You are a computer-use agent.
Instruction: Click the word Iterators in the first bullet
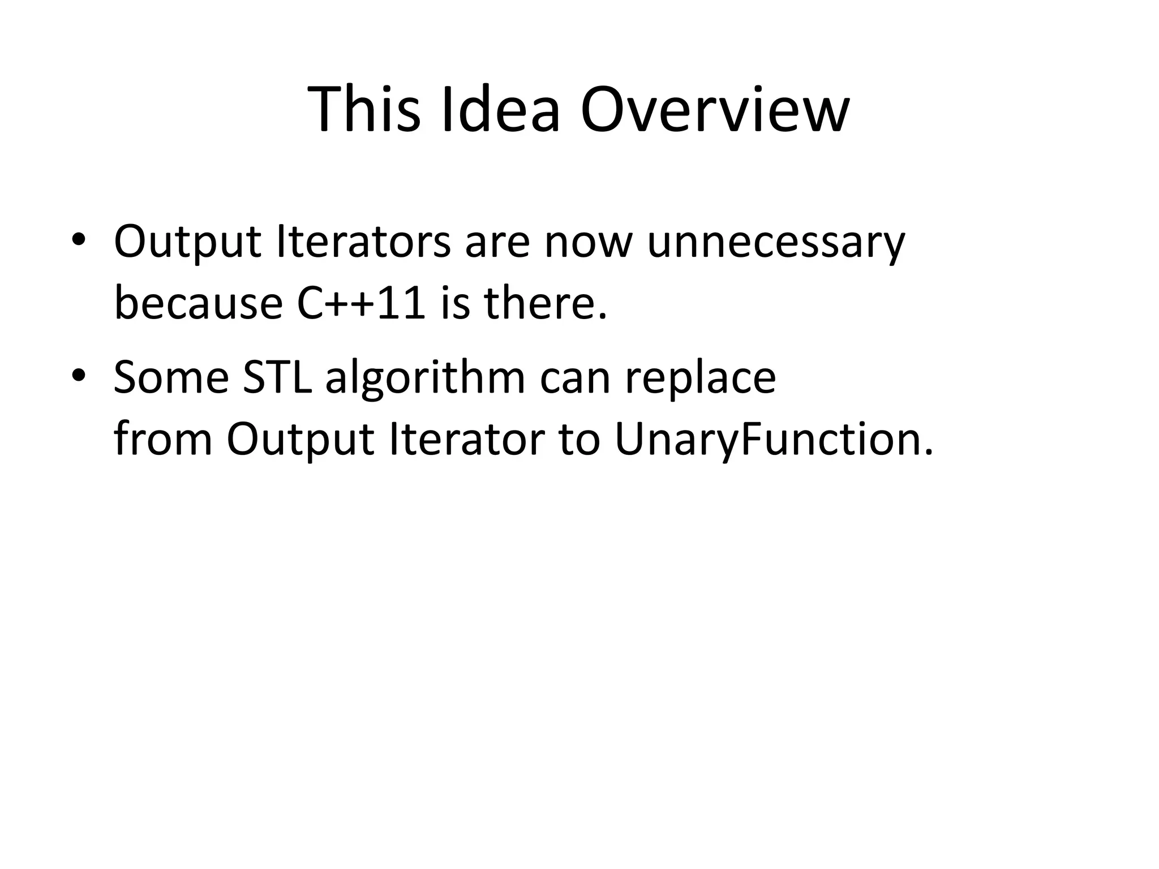(x=363, y=242)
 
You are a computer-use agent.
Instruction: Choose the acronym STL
(x=277, y=377)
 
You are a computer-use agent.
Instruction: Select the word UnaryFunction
(x=773, y=440)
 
